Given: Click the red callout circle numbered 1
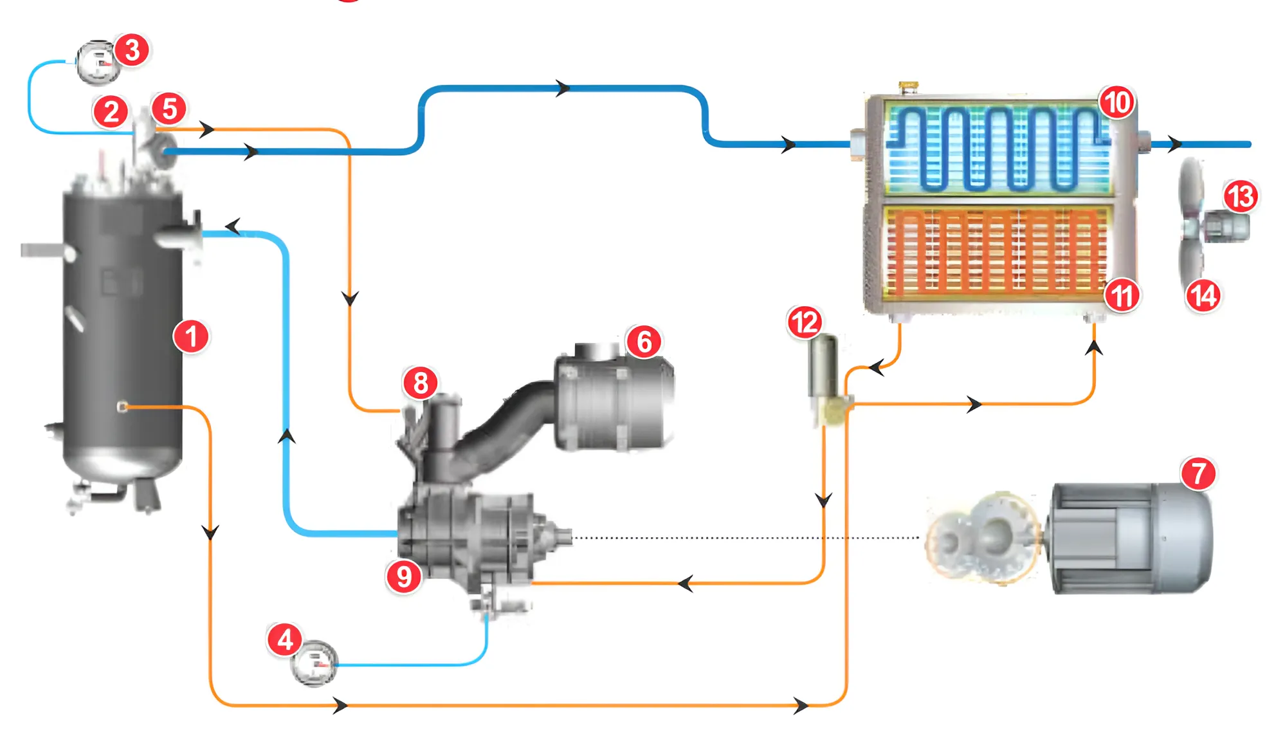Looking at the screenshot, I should [191, 336].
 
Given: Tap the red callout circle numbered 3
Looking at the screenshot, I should [132, 50].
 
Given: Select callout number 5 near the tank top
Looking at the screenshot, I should [169, 109].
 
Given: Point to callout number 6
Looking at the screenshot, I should [644, 342].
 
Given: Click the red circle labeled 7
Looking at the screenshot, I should [1198, 474].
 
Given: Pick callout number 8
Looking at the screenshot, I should [421, 383].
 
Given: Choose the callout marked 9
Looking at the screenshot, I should [404, 576].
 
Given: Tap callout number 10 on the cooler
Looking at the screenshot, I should [1117, 102].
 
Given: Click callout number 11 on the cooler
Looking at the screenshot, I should [1122, 296].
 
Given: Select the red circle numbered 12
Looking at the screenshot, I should [805, 322].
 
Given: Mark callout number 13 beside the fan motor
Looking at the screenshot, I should [1241, 196].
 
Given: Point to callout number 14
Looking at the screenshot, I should [1203, 296].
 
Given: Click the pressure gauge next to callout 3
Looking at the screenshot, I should [98, 64].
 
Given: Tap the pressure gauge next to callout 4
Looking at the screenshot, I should [314, 663].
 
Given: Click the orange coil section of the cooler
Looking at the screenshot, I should [997, 251].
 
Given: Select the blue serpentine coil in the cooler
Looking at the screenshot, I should [997, 148].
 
